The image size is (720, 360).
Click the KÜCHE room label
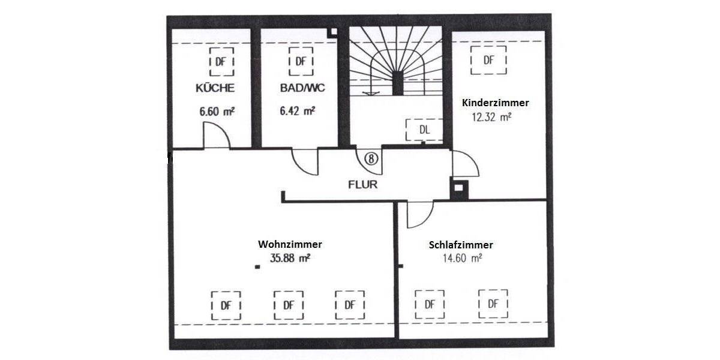click(215, 88)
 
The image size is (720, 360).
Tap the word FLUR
click(363, 184)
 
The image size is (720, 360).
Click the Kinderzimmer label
click(495, 103)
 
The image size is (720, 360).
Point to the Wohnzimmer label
click(290, 244)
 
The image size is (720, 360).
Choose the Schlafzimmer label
click(461, 245)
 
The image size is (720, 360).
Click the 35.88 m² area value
click(289, 259)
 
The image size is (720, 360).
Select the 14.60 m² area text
click(461, 259)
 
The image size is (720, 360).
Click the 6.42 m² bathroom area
click(297, 111)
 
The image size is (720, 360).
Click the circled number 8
click(371, 158)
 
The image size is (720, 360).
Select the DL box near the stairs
click(424, 130)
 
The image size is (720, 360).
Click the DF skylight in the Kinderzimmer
click(489, 61)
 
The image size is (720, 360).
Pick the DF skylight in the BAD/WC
click(301, 61)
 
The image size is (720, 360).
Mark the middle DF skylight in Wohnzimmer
click(289, 304)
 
